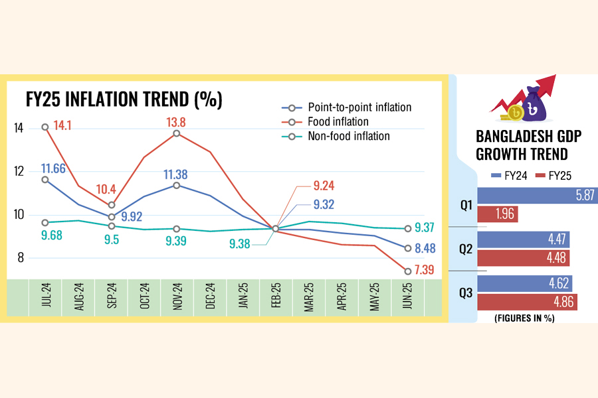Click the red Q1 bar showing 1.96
(x=497, y=214)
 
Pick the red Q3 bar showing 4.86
(x=526, y=302)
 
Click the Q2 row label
(x=466, y=249)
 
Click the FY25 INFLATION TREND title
(x=124, y=100)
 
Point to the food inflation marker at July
(x=45, y=127)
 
